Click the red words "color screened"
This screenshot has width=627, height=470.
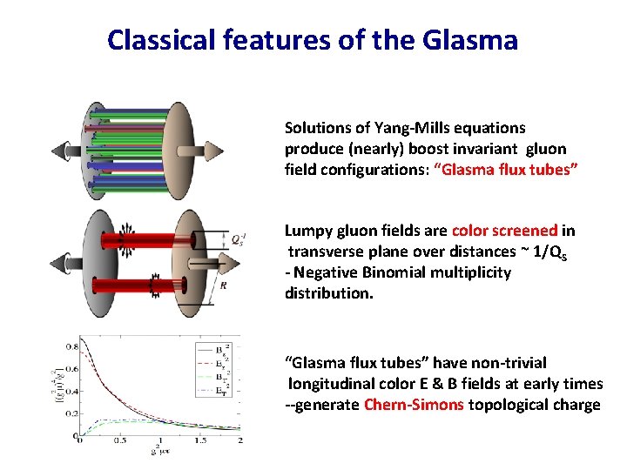tap(504, 231)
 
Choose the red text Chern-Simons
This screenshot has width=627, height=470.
tap(414, 405)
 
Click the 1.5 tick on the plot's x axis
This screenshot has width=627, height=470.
tap(199, 441)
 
